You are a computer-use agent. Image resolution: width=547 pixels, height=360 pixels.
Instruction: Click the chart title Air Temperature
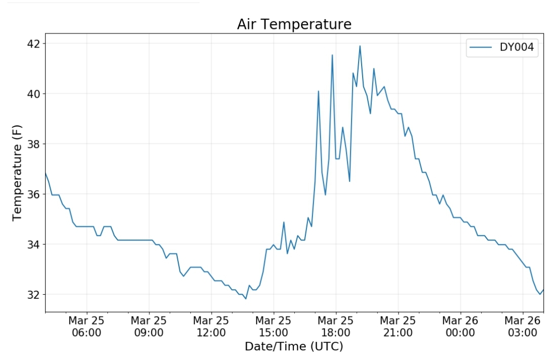[x=294, y=24]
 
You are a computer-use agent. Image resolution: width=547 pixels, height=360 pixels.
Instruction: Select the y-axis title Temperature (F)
[x=18, y=172]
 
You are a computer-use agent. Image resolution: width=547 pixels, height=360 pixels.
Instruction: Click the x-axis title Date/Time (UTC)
[x=294, y=347]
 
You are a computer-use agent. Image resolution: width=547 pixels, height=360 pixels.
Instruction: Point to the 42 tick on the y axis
[x=33, y=44]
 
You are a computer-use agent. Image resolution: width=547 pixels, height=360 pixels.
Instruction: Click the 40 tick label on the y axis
[x=33, y=94]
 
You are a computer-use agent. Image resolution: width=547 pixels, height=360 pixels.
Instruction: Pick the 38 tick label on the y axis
[x=33, y=144]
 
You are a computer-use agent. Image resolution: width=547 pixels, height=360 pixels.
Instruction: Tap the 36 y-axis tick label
[x=33, y=194]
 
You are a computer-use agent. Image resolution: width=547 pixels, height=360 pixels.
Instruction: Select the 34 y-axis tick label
[x=33, y=245]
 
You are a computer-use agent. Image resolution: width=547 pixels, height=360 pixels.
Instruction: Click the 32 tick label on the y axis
[x=33, y=295]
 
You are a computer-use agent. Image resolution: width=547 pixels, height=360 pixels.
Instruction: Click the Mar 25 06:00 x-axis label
[x=87, y=327]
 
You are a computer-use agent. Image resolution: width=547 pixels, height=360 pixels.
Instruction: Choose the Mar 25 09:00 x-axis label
[x=149, y=327]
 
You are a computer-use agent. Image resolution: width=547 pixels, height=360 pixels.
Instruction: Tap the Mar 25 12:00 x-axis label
[x=211, y=327]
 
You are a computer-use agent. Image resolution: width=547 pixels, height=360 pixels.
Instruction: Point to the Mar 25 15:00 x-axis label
[x=273, y=327]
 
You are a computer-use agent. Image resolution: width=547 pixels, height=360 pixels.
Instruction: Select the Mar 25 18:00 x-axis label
[x=336, y=327]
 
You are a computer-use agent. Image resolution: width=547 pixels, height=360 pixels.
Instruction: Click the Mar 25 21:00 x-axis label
[x=398, y=327]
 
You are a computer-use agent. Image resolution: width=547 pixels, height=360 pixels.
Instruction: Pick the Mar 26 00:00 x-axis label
[x=460, y=327]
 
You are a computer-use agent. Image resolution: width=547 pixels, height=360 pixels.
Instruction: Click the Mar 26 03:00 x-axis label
[x=522, y=327]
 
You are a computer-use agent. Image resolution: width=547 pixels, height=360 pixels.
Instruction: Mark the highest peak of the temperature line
[x=360, y=46]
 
